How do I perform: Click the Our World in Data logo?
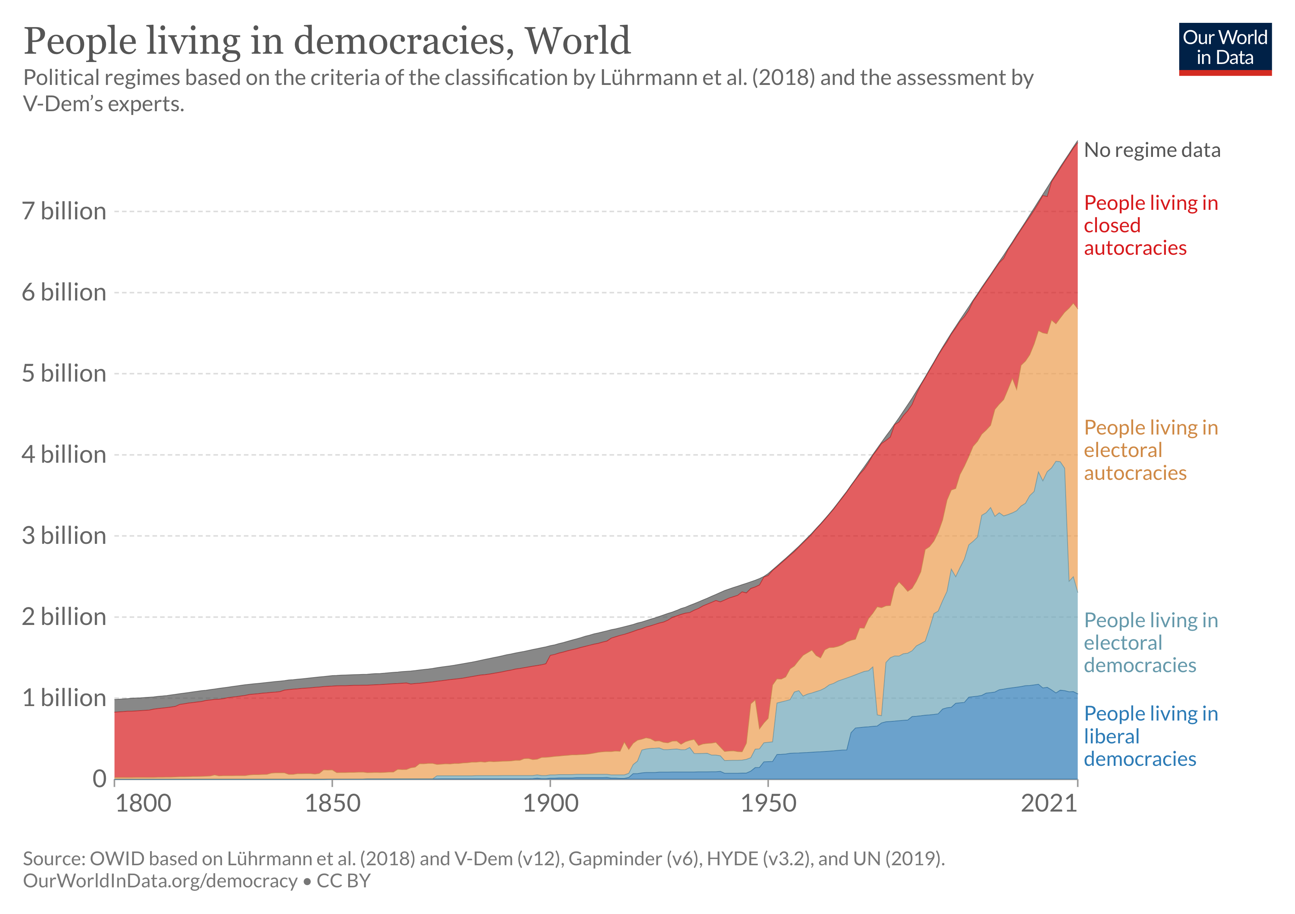pos(1225,48)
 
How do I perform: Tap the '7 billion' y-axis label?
pos(64,211)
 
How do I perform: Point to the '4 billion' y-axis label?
pos(64,454)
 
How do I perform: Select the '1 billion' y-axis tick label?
pos(64,698)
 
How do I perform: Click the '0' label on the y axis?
pos(99,779)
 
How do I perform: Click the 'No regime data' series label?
pos(1152,150)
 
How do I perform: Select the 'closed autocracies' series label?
pos(1151,225)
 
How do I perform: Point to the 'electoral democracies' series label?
pos(1151,643)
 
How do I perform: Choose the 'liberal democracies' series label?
pos(1151,737)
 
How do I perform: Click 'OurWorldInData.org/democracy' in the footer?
pos(160,881)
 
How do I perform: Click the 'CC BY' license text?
pos(344,881)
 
